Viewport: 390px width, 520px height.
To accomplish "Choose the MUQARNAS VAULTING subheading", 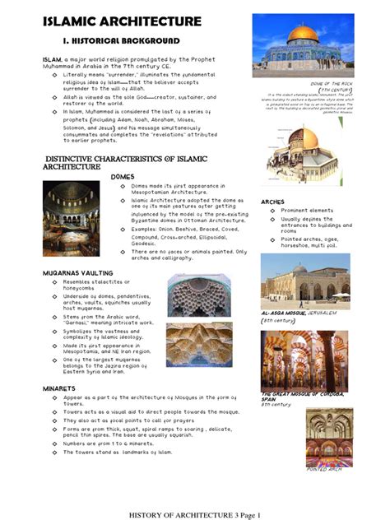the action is point(77,272).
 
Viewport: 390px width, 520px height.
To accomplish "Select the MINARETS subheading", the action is point(59,388).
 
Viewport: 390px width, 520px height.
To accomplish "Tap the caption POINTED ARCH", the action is point(323,470).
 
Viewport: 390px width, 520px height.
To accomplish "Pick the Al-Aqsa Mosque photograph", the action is point(304,281).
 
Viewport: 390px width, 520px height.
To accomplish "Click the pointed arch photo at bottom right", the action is point(328,436).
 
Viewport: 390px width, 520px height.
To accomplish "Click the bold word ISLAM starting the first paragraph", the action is point(52,59).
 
